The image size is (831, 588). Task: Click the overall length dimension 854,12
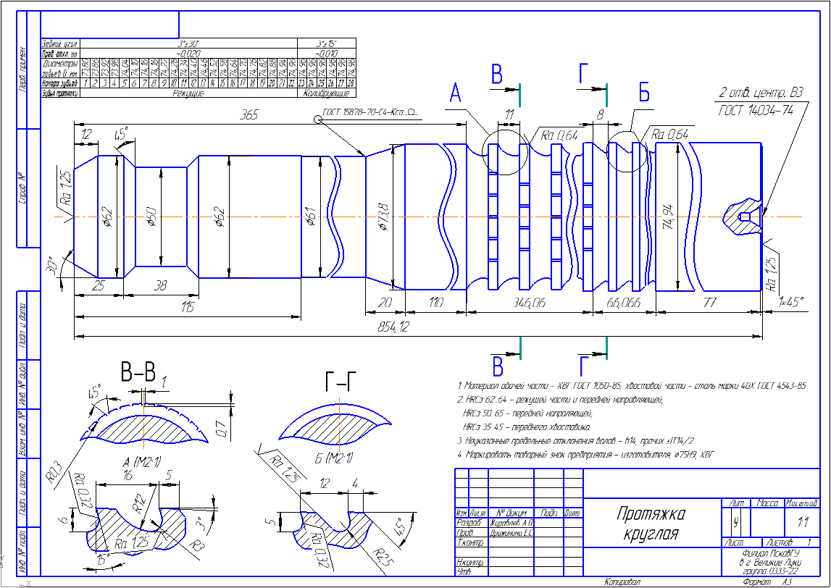(x=393, y=327)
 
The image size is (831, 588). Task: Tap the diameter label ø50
(x=151, y=217)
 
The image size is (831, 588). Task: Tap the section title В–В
(x=138, y=374)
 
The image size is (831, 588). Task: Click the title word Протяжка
(x=651, y=515)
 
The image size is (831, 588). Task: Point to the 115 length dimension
(x=188, y=308)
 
